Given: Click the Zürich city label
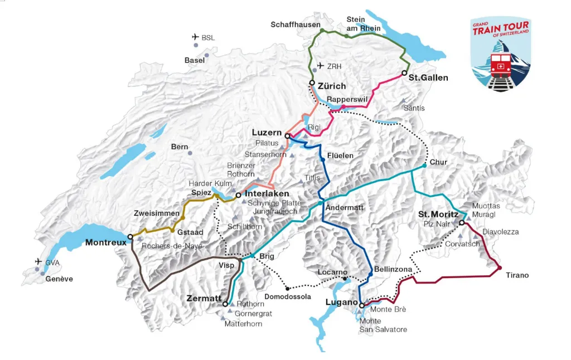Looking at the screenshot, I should click(332, 86).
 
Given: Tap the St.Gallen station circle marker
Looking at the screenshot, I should click(404, 73).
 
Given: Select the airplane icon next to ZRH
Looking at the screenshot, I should click(320, 66).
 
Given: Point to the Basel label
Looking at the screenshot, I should click(195, 60).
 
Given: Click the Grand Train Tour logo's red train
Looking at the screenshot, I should click(500, 65).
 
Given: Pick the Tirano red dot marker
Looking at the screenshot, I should click(499, 268).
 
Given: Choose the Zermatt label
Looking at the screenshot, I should click(204, 299).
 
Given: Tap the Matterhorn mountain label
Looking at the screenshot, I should click(243, 323).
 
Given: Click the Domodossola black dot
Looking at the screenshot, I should click(287, 288).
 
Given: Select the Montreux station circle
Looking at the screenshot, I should click(130, 237).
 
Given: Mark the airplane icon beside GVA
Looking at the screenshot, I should click(38, 261).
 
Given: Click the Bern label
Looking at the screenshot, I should click(180, 147).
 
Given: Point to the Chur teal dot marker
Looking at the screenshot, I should click(425, 165).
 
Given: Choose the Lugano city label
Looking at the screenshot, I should click(341, 302).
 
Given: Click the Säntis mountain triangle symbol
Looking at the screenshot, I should click(404, 101).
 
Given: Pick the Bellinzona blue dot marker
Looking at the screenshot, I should click(370, 274).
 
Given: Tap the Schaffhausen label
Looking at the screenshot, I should click(296, 25).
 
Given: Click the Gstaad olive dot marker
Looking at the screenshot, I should click(172, 230).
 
